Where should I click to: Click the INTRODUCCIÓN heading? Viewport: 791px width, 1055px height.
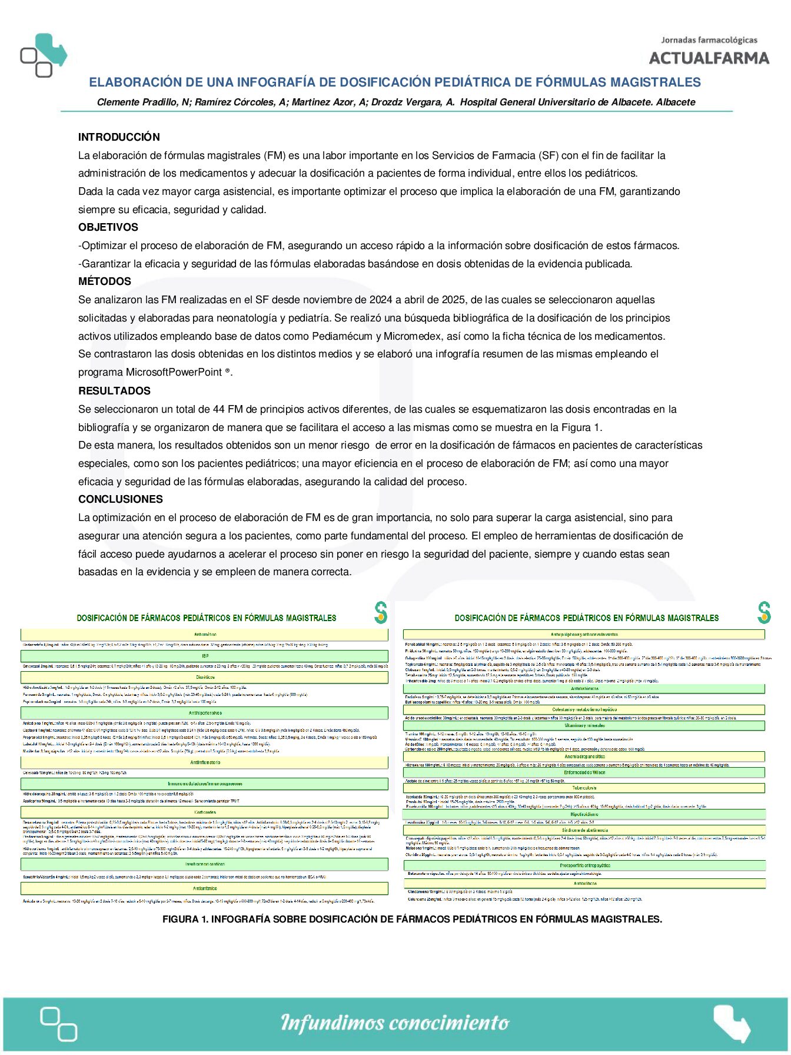click(x=119, y=137)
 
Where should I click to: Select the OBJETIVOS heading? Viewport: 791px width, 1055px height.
click(x=108, y=227)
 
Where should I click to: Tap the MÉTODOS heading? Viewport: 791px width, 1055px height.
click(x=105, y=281)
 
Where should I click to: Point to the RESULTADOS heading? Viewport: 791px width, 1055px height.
click(x=114, y=391)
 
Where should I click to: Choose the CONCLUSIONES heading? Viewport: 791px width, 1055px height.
click(x=121, y=499)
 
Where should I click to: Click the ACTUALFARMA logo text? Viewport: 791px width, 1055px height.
click(x=709, y=58)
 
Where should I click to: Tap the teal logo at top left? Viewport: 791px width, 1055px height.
click(x=44, y=55)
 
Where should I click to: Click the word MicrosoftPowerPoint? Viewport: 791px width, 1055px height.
click(x=174, y=372)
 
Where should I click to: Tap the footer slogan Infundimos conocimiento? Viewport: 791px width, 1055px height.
click(x=395, y=1023)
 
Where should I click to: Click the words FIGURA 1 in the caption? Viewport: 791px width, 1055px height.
click(x=184, y=919)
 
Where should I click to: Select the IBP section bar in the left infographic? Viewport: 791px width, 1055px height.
click(x=205, y=656)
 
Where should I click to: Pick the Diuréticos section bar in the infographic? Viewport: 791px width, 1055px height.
click(x=205, y=678)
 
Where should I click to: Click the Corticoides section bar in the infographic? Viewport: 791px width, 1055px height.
click(x=205, y=812)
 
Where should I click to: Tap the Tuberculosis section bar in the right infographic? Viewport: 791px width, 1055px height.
click(x=584, y=788)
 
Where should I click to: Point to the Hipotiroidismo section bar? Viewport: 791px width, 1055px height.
click(x=584, y=814)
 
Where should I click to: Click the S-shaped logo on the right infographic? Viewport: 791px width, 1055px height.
click(x=764, y=613)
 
